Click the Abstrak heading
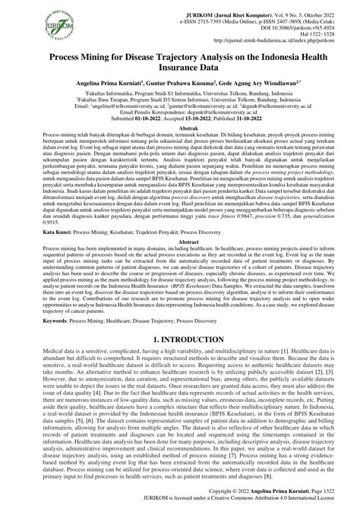tap(180, 129)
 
